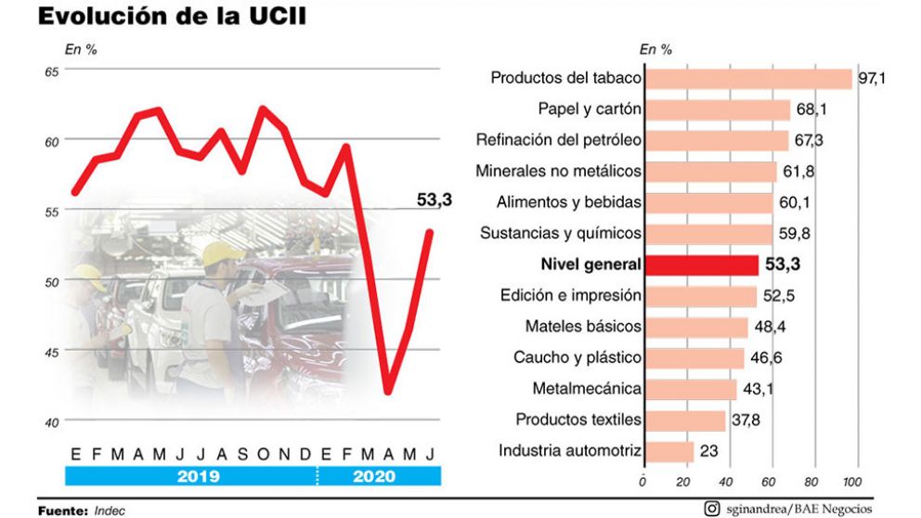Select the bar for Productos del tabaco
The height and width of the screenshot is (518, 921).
coord(747,79)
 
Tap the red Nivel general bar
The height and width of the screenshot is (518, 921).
coord(701,265)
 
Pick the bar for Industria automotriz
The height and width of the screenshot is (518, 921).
coord(668,452)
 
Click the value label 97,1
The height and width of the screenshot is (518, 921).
coord(872,79)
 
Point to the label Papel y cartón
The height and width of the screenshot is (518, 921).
coord(590,110)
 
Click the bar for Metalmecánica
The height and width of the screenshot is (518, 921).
coord(690,389)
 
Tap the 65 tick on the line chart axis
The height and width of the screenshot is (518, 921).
coord(51,71)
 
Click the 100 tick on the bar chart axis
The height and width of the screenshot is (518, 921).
coord(850,483)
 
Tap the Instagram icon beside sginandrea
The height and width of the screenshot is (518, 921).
coord(712,508)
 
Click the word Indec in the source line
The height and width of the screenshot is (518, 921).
coord(110,511)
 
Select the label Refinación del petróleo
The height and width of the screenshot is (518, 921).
coord(558,140)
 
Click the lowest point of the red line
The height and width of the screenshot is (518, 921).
coord(388,392)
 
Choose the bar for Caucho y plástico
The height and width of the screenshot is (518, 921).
coord(694,358)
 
